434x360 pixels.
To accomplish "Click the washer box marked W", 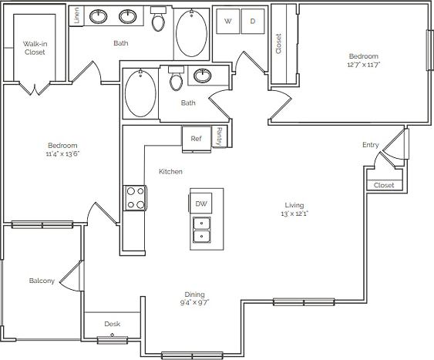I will point(227,22).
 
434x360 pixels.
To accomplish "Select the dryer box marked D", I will point(252,22).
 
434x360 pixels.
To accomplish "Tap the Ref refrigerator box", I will point(197,139).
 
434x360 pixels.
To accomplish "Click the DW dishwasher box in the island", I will point(201,204).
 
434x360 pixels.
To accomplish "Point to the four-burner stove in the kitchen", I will point(136,198).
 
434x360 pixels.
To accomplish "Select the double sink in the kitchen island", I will point(201,230).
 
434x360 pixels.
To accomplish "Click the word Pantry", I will point(219,136).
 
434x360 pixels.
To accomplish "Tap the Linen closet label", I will point(76,15).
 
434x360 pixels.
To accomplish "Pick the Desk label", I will point(113,324).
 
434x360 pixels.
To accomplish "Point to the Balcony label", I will point(42,281).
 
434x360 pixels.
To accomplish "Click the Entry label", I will point(371,145).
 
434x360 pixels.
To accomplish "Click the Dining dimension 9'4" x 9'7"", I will point(194,302).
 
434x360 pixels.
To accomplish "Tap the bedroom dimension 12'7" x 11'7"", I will point(364,65).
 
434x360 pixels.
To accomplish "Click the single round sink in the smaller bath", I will point(203,76).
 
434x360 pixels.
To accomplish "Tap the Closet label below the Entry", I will point(383,185).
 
